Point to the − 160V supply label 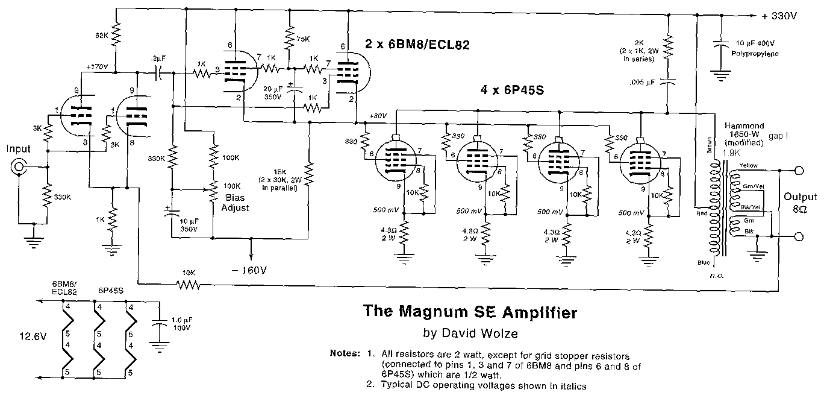click(x=247, y=270)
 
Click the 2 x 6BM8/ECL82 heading click(x=416, y=44)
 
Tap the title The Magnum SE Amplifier click(x=469, y=312)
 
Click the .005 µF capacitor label click(x=640, y=82)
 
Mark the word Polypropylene click(x=755, y=54)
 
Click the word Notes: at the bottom click(x=345, y=353)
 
